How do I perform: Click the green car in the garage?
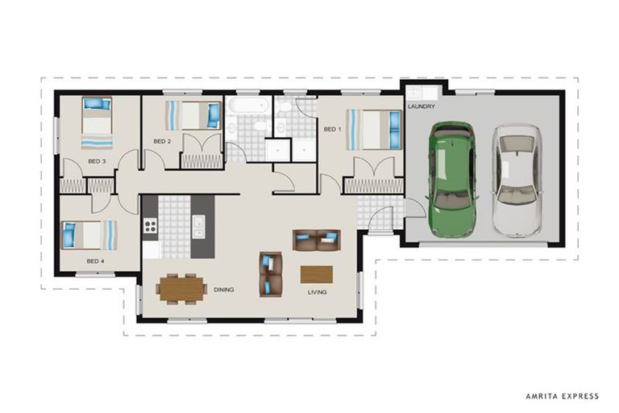tap(452, 179)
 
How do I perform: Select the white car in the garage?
tap(517, 181)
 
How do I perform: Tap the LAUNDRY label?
tap(422, 106)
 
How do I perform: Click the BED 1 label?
tap(332, 129)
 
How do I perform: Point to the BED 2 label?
tap(162, 141)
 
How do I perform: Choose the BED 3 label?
tap(97, 161)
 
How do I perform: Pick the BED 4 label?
tap(95, 261)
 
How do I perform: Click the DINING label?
tap(224, 290)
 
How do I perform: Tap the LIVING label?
tap(317, 293)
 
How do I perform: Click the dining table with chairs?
tap(181, 289)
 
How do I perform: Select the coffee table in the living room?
tap(317, 275)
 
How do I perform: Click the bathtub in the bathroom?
tap(249, 106)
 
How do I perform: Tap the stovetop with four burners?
tap(150, 226)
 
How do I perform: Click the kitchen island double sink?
tap(198, 227)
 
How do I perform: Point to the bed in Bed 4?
tap(89, 236)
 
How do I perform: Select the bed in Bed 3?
tap(97, 123)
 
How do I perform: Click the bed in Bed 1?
tap(373, 130)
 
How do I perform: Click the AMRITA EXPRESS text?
tap(562, 396)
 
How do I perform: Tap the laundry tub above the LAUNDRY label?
tap(415, 94)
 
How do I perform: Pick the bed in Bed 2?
tap(193, 115)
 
